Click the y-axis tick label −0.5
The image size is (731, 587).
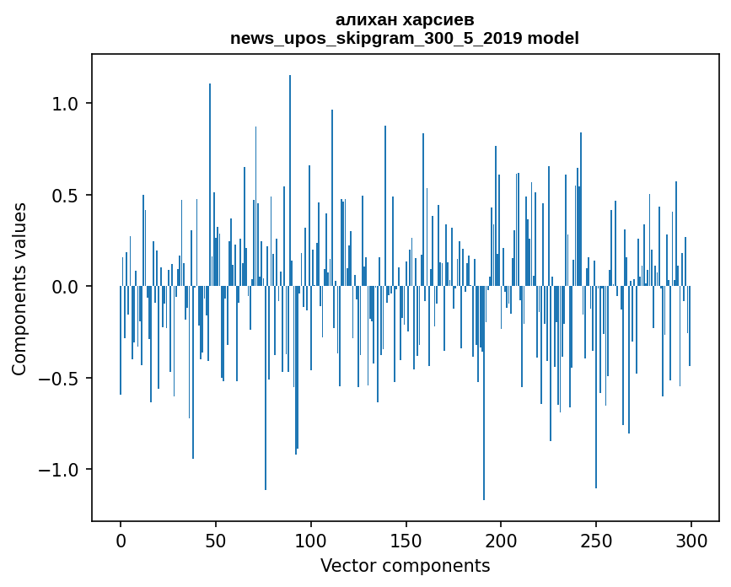(59, 378)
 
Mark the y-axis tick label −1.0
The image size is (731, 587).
(59, 470)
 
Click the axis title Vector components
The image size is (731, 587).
(405, 565)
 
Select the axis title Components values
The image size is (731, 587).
(19, 288)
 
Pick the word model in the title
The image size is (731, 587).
(553, 38)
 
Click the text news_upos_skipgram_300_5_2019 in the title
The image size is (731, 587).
(376, 38)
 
